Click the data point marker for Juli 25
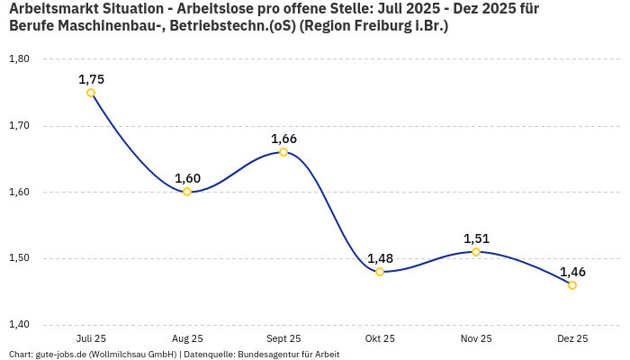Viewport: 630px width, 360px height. pyautogui.click(x=91, y=93)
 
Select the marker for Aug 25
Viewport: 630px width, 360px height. pyautogui.click(x=187, y=192)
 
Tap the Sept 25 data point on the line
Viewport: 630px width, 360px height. pyautogui.click(x=283, y=152)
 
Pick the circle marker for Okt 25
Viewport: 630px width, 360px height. pyautogui.click(x=380, y=272)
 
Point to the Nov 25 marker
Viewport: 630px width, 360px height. pyautogui.click(x=476, y=252)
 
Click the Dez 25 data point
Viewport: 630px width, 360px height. pyautogui.click(x=572, y=285)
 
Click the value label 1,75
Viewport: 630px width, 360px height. pyautogui.click(x=91, y=79)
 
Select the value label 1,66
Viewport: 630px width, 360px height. pyautogui.click(x=283, y=139)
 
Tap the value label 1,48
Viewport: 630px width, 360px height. pyautogui.click(x=380, y=258)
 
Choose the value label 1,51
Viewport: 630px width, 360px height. pyautogui.click(x=476, y=238)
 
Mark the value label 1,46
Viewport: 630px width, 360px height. pyautogui.click(x=572, y=272)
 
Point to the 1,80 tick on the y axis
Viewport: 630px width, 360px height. pyautogui.click(x=19, y=59)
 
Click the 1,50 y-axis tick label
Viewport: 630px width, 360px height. pyautogui.click(x=19, y=258)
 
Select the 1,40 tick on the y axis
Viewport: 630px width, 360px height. pyautogui.click(x=19, y=325)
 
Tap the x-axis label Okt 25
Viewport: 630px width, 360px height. pyautogui.click(x=380, y=339)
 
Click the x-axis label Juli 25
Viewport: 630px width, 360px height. pyautogui.click(x=91, y=339)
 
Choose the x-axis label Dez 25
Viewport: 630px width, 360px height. pyautogui.click(x=572, y=339)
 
